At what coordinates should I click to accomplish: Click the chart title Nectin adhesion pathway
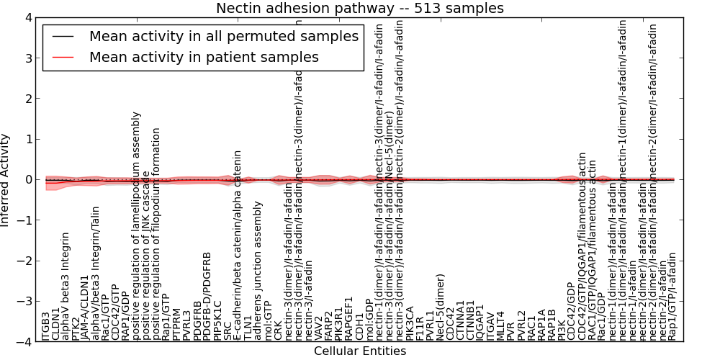(360, 8)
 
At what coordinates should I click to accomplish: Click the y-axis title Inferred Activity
(6, 179)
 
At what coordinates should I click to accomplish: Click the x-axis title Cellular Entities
(360, 351)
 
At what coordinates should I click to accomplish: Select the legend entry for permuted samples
(223, 36)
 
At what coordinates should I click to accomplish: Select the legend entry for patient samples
(204, 57)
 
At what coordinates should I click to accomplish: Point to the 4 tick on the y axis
(27, 17)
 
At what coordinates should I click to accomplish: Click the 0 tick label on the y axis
(27, 180)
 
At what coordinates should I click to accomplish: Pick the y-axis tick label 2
(27, 99)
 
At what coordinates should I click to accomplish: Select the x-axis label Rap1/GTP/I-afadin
(672, 296)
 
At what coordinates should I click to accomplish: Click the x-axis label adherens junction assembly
(258, 282)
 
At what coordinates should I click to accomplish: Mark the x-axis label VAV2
(319, 328)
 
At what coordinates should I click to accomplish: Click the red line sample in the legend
(63, 57)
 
